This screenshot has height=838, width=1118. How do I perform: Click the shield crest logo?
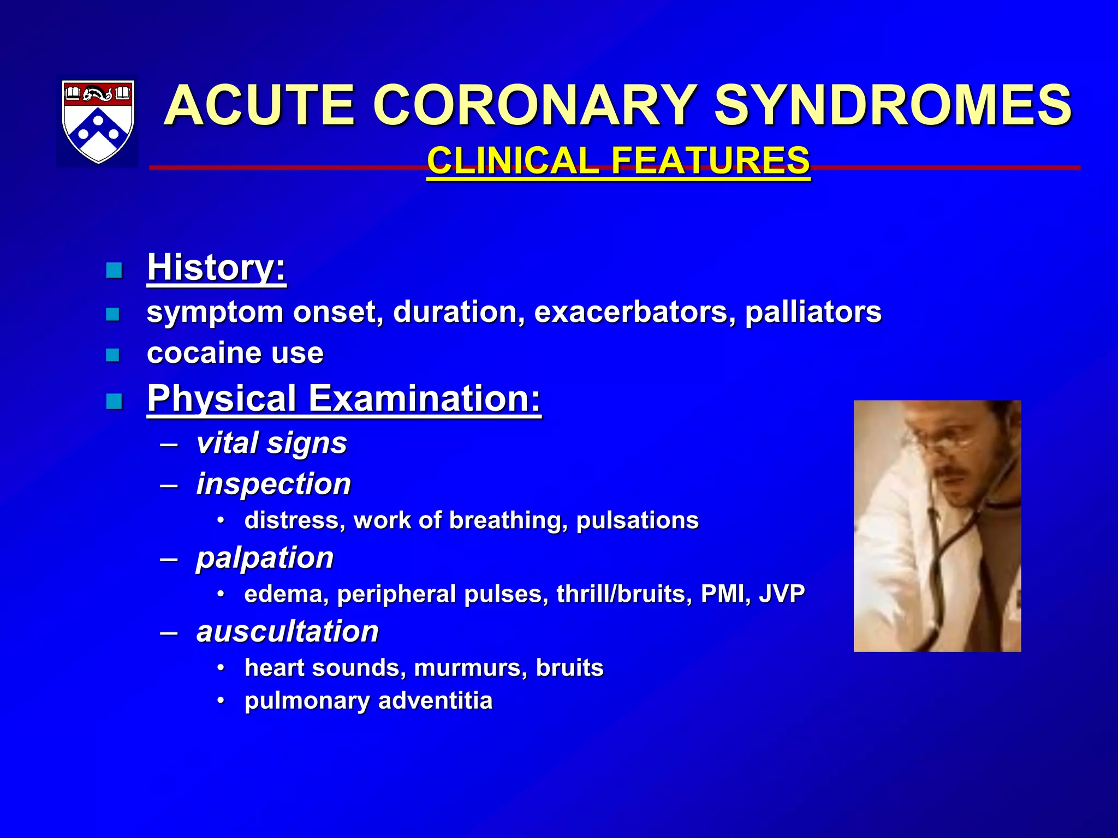click(x=98, y=121)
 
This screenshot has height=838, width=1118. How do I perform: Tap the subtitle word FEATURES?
click(x=710, y=160)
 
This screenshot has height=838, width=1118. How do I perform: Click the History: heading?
click(x=216, y=267)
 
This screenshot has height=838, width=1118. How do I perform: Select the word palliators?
click(x=813, y=312)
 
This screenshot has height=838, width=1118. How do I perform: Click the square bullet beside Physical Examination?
click(x=114, y=402)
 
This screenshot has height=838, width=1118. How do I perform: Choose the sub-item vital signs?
click(x=271, y=442)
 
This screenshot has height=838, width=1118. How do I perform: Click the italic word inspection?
click(x=273, y=484)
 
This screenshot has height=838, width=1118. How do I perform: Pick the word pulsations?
click(x=637, y=520)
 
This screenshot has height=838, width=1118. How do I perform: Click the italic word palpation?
click(x=265, y=558)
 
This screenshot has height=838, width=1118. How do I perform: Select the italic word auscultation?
click(x=287, y=632)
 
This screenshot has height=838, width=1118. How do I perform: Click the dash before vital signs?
click(x=169, y=444)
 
